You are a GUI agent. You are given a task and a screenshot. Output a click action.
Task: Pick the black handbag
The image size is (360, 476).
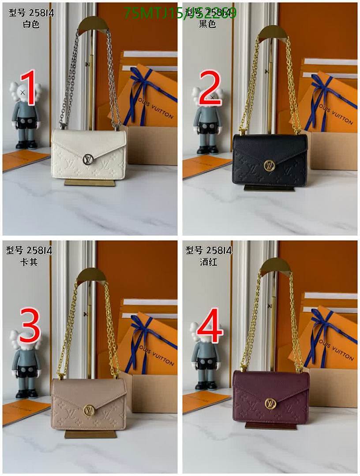click(270, 160)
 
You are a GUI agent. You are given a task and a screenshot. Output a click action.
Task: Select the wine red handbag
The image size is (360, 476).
click(270, 396)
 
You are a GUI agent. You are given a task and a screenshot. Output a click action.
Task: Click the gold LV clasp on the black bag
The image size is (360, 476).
click(269, 165)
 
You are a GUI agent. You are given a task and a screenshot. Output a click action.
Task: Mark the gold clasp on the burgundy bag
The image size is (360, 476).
click(270, 403)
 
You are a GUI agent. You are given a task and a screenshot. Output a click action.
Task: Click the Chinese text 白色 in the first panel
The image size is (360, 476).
click(31, 24)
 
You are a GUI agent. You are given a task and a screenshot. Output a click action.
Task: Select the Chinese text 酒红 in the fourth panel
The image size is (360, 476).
click(208, 262)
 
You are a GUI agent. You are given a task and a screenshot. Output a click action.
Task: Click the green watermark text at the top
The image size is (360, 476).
click(180, 13)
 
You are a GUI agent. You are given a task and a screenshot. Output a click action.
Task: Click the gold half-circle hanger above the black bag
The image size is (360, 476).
click(273, 33)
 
